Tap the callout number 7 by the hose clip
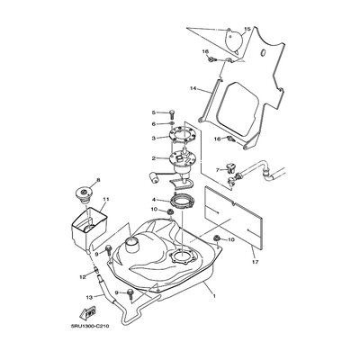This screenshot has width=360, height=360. pos(217,168)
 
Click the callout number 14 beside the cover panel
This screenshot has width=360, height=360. pos(192,88)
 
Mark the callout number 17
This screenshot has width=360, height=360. pos(229,264)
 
